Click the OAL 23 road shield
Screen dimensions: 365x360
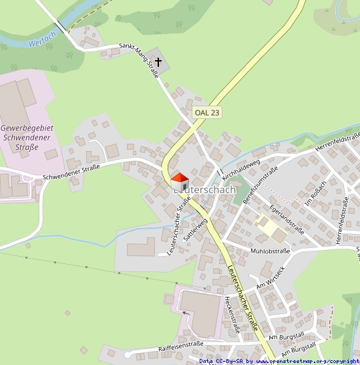coord(206,112)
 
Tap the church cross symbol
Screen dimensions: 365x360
coord(158,63)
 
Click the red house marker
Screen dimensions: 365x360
coord(180,181)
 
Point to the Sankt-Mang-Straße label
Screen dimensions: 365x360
coord(138,60)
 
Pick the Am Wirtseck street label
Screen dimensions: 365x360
coord(266,277)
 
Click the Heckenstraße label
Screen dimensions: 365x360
coord(232,314)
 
